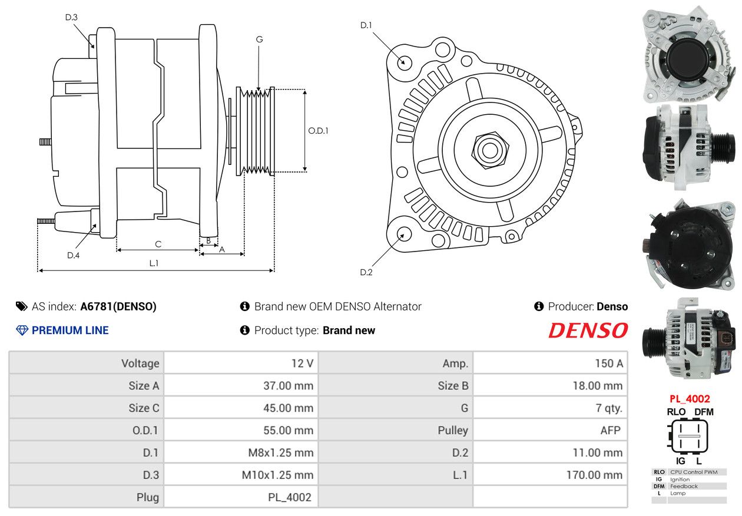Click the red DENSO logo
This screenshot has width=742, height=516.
(588, 330)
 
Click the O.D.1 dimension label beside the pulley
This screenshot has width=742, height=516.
(318, 131)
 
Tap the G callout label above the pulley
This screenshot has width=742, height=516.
(259, 39)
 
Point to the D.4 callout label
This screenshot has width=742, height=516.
(73, 255)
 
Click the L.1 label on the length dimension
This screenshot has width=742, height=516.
(154, 263)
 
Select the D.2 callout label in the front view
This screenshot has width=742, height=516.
(366, 272)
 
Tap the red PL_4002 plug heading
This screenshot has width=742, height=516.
(690, 399)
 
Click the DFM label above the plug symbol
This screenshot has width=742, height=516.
(704, 412)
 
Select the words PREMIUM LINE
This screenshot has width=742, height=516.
(70, 330)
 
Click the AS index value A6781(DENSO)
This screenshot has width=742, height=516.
(118, 306)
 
